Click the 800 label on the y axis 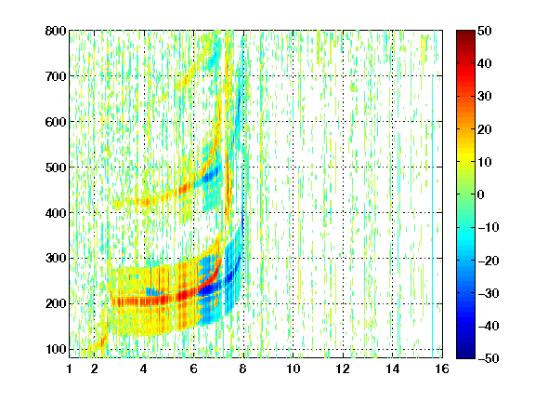[x=56, y=31]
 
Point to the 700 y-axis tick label [x=56, y=76]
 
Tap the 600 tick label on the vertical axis [x=56, y=122]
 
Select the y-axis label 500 [x=56, y=167]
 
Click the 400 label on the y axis [x=56, y=213]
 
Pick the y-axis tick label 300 [x=56, y=259]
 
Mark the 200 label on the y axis [x=56, y=304]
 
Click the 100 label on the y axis [x=56, y=349]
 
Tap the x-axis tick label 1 [x=70, y=368]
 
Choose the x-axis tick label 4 [x=144, y=368]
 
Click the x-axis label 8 [x=243, y=368]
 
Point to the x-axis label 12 [x=343, y=368]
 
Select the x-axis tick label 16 [x=442, y=368]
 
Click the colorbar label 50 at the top [x=485, y=31]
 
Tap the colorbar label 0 [x=481, y=194]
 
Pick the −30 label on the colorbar [x=489, y=293]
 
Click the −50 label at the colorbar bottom [x=489, y=358]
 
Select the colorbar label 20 [x=485, y=129]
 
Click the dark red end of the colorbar [x=465, y=34]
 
